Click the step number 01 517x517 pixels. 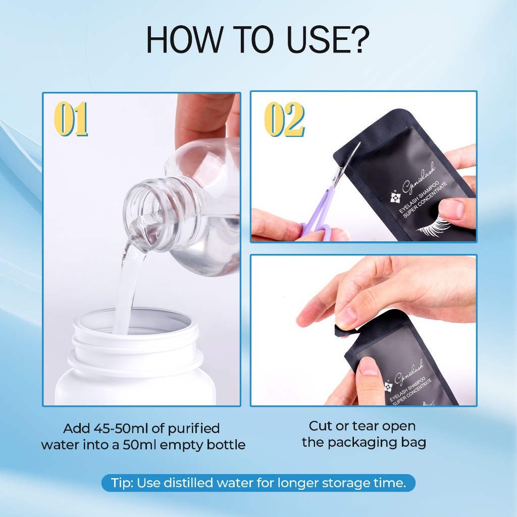click(x=71, y=119)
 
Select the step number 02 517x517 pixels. click(x=284, y=119)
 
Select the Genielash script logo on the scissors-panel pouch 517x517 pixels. click(x=419, y=178)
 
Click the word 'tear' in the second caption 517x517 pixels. click(x=365, y=426)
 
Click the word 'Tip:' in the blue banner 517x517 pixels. click(x=122, y=483)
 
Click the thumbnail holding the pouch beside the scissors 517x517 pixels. click(x=452, y=209)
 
